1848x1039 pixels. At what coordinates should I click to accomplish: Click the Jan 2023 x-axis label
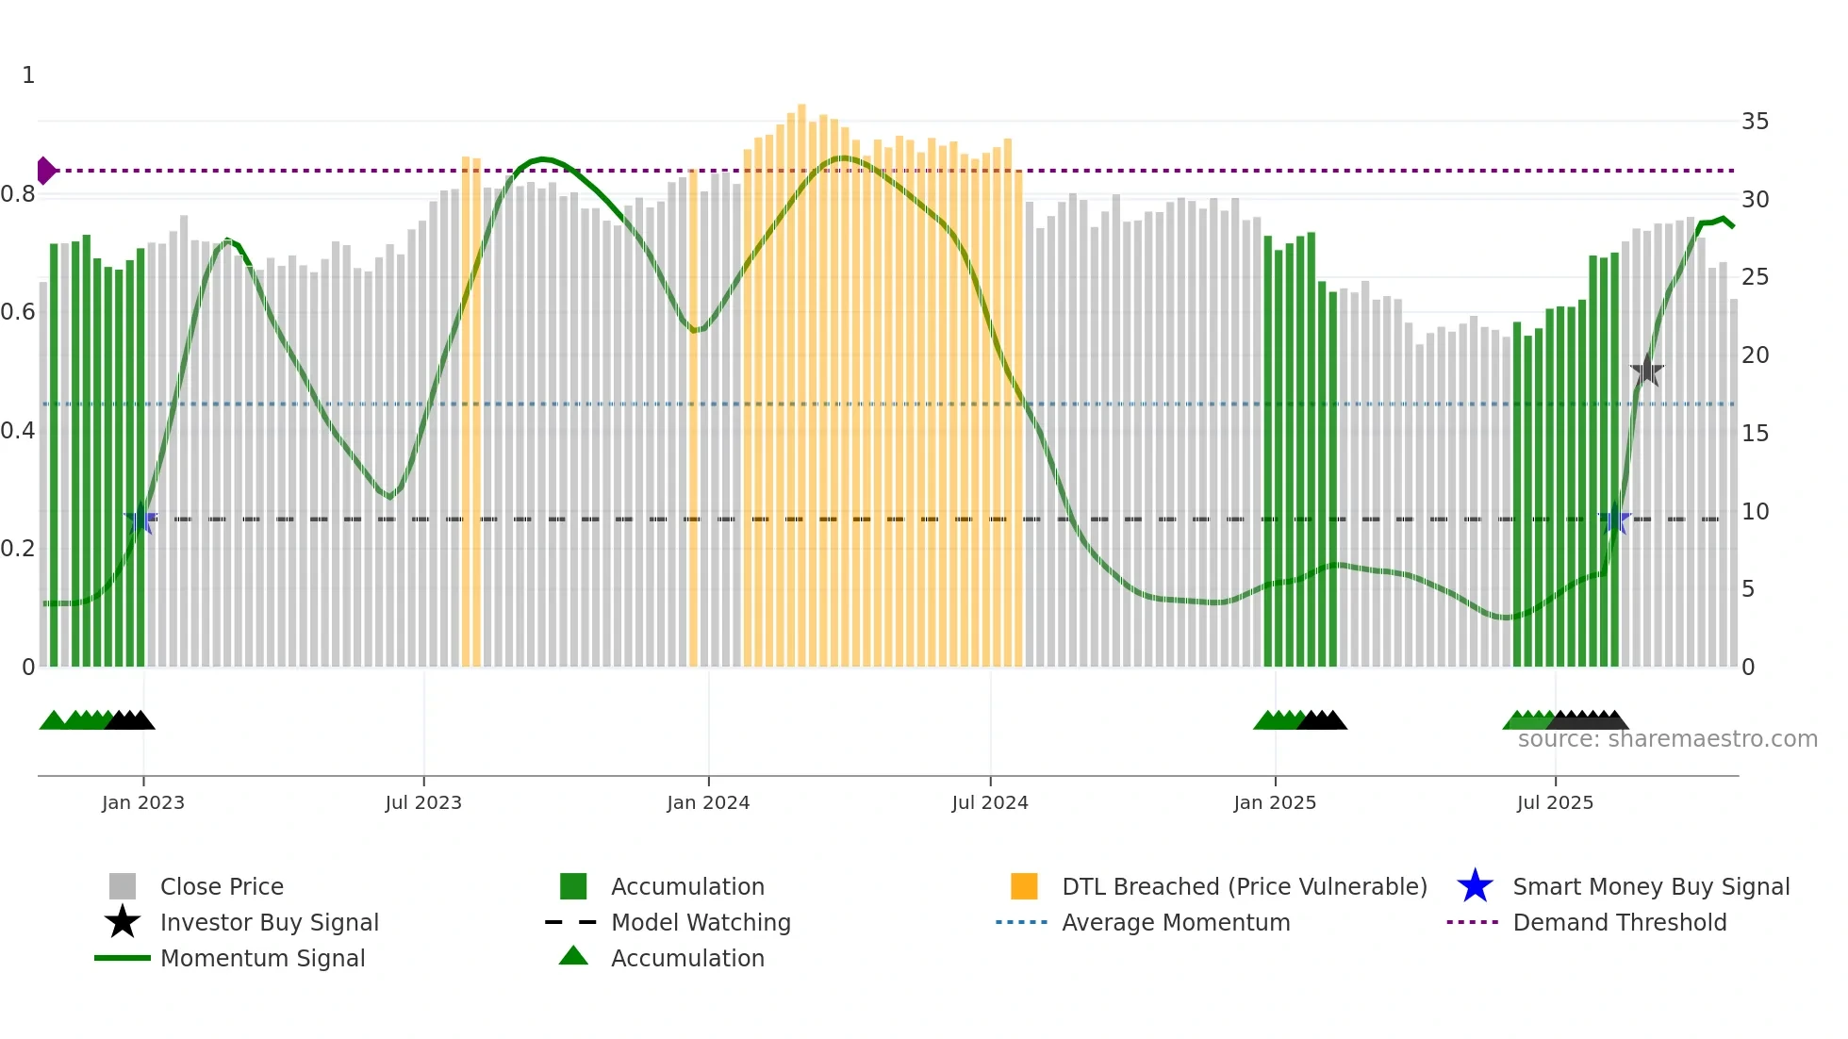click(x=143, y=802)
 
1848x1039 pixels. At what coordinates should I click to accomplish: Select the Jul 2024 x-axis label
click(x=990, y=802)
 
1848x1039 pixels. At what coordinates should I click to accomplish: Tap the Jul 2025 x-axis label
click(x=1555, y=802)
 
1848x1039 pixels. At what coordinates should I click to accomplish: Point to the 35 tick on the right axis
click(x=1755, y=122)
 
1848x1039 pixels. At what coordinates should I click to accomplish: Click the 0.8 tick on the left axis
click(x=18, y=195)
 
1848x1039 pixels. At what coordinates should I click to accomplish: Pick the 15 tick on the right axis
click(x=1755, y=434)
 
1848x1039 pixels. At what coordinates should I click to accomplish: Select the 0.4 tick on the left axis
click(x=18, y=431)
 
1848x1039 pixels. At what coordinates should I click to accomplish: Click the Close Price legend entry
click(x=222, y=886)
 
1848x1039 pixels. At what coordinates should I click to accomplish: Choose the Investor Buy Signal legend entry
click(x=269, y=922)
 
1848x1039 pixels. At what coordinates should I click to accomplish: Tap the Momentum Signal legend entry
click(x=262, y=958)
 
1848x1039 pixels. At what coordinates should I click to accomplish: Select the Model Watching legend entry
click(x=701, y=922)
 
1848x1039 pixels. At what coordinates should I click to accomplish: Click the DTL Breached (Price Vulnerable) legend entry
click(x=1244, y=886)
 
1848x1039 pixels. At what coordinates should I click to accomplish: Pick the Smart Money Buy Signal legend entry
click(x=1651, y=886)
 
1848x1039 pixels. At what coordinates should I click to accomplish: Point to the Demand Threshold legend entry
click(x=1619, y=922)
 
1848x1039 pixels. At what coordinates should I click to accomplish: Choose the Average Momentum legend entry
click(x=1176, y=922)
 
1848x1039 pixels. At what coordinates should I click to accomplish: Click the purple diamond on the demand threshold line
click(x=45, y=171)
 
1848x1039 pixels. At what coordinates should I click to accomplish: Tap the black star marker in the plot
click(x=1646, y=371)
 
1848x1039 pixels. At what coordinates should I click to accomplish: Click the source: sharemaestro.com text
click(x=1667, y=739)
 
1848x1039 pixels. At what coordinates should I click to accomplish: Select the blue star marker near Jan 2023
click(x=141, y=519)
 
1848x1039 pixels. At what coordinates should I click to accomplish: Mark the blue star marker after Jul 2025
click(x=1615, y=519)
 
